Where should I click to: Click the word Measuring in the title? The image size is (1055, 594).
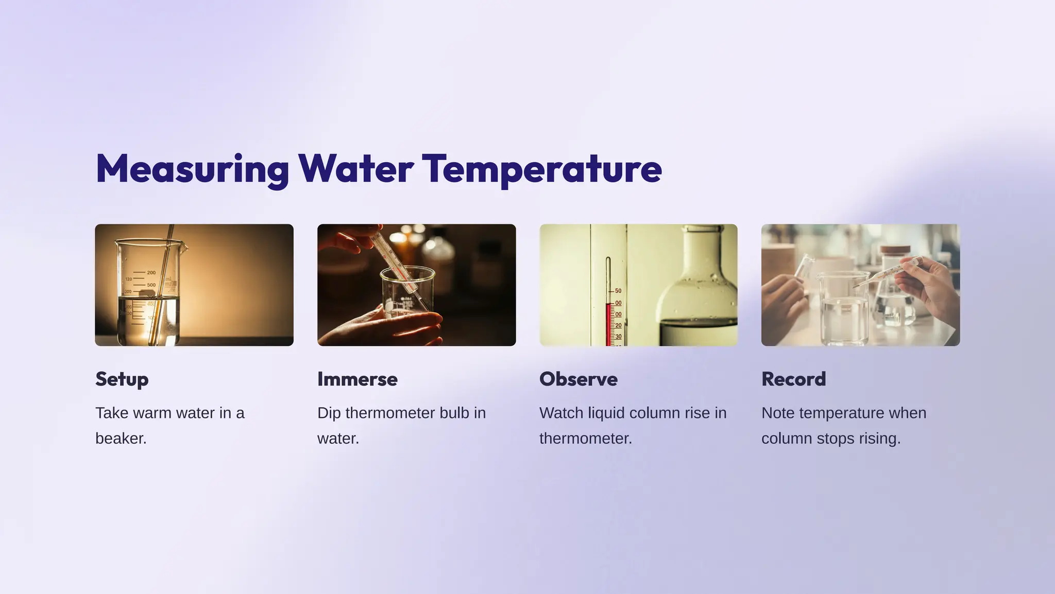[x=192, y=169]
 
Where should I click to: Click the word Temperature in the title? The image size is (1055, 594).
[x=541, y=169]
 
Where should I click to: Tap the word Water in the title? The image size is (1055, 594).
[x=355, y=169]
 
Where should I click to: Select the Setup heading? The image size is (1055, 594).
[x=122, y=379]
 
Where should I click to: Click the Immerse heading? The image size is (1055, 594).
[x=357, y=379]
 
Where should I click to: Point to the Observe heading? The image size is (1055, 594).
[x=578, y=379]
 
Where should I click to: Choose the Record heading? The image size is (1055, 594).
[x=793, y=379]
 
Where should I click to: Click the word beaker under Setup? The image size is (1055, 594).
[x=121, y=439]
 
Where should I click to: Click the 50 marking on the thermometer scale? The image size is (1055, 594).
[x=618, y=291]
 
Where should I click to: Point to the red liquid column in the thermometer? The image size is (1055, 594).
[x=608, y=324]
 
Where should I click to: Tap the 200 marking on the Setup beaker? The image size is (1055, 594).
[x=151, y=273]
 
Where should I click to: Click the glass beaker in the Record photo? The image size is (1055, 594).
[x=843, y=309]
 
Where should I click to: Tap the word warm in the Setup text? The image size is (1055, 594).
[x=150, y=413]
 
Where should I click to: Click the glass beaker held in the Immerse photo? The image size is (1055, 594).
[x=407, y=296]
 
